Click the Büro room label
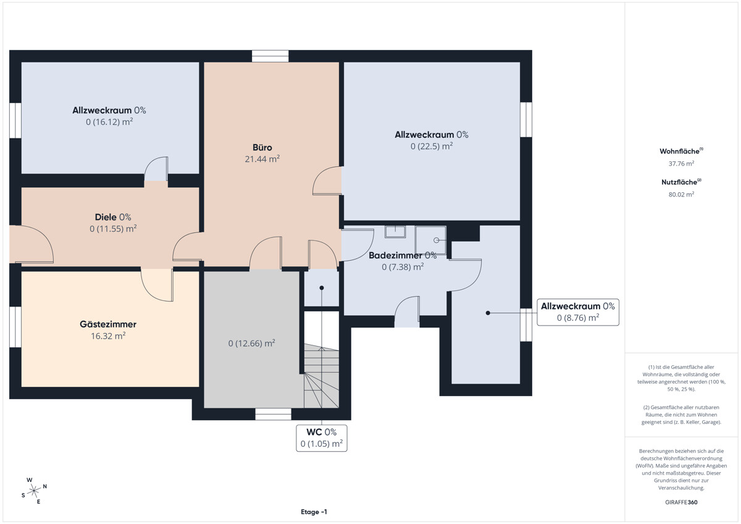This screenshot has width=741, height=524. click(262, 147)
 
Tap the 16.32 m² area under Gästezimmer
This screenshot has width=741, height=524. click(108, 336)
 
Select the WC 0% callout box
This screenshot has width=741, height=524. click(322, 438)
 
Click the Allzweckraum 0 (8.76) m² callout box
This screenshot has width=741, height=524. click(578, 312)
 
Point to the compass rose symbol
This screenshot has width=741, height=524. click(34, 491)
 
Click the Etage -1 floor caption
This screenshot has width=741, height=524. click(314, 512)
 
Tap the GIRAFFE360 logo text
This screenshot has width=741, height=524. click(681, 502)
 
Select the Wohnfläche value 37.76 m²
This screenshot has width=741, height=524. click(681, 164)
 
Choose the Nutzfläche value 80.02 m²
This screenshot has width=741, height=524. click(681, 194)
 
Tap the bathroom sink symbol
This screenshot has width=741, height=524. click(395, 232)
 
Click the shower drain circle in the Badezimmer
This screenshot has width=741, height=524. click(437, 240)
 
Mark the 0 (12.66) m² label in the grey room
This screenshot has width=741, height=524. click(251, 344)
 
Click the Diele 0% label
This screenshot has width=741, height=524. click(113, 217)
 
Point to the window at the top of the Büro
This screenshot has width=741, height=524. click(270, 56)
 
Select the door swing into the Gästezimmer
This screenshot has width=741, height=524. click(157, 285)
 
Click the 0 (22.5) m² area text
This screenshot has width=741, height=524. click(432, 146)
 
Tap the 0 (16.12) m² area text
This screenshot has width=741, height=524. click(109, 122)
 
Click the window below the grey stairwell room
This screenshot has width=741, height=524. click(273, 414)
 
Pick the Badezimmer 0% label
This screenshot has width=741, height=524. click(403, 255)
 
